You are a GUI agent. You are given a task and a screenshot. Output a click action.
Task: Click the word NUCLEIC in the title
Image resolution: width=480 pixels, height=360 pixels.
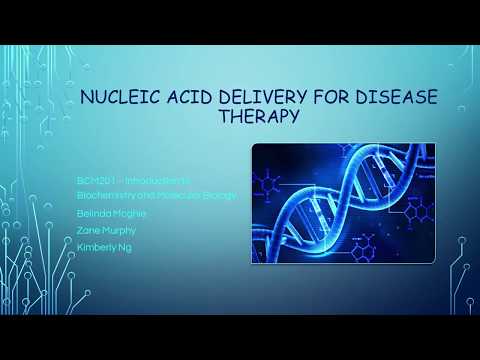tap(123, 98)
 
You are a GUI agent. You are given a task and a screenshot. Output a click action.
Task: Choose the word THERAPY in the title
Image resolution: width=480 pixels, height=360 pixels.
tap(259, 120)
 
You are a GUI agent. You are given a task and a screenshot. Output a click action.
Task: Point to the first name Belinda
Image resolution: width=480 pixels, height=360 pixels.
tap(94, 213)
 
